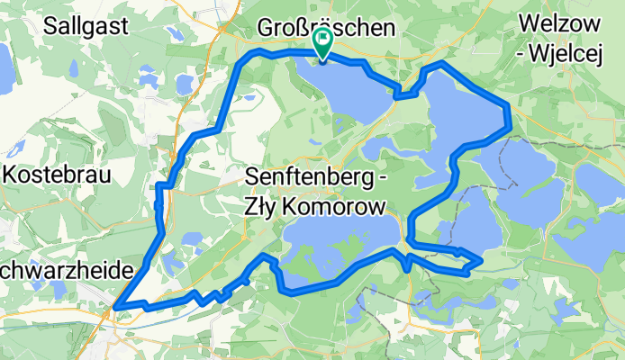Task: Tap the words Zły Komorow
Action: (315, 206)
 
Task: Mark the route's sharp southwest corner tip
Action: (116, 310)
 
